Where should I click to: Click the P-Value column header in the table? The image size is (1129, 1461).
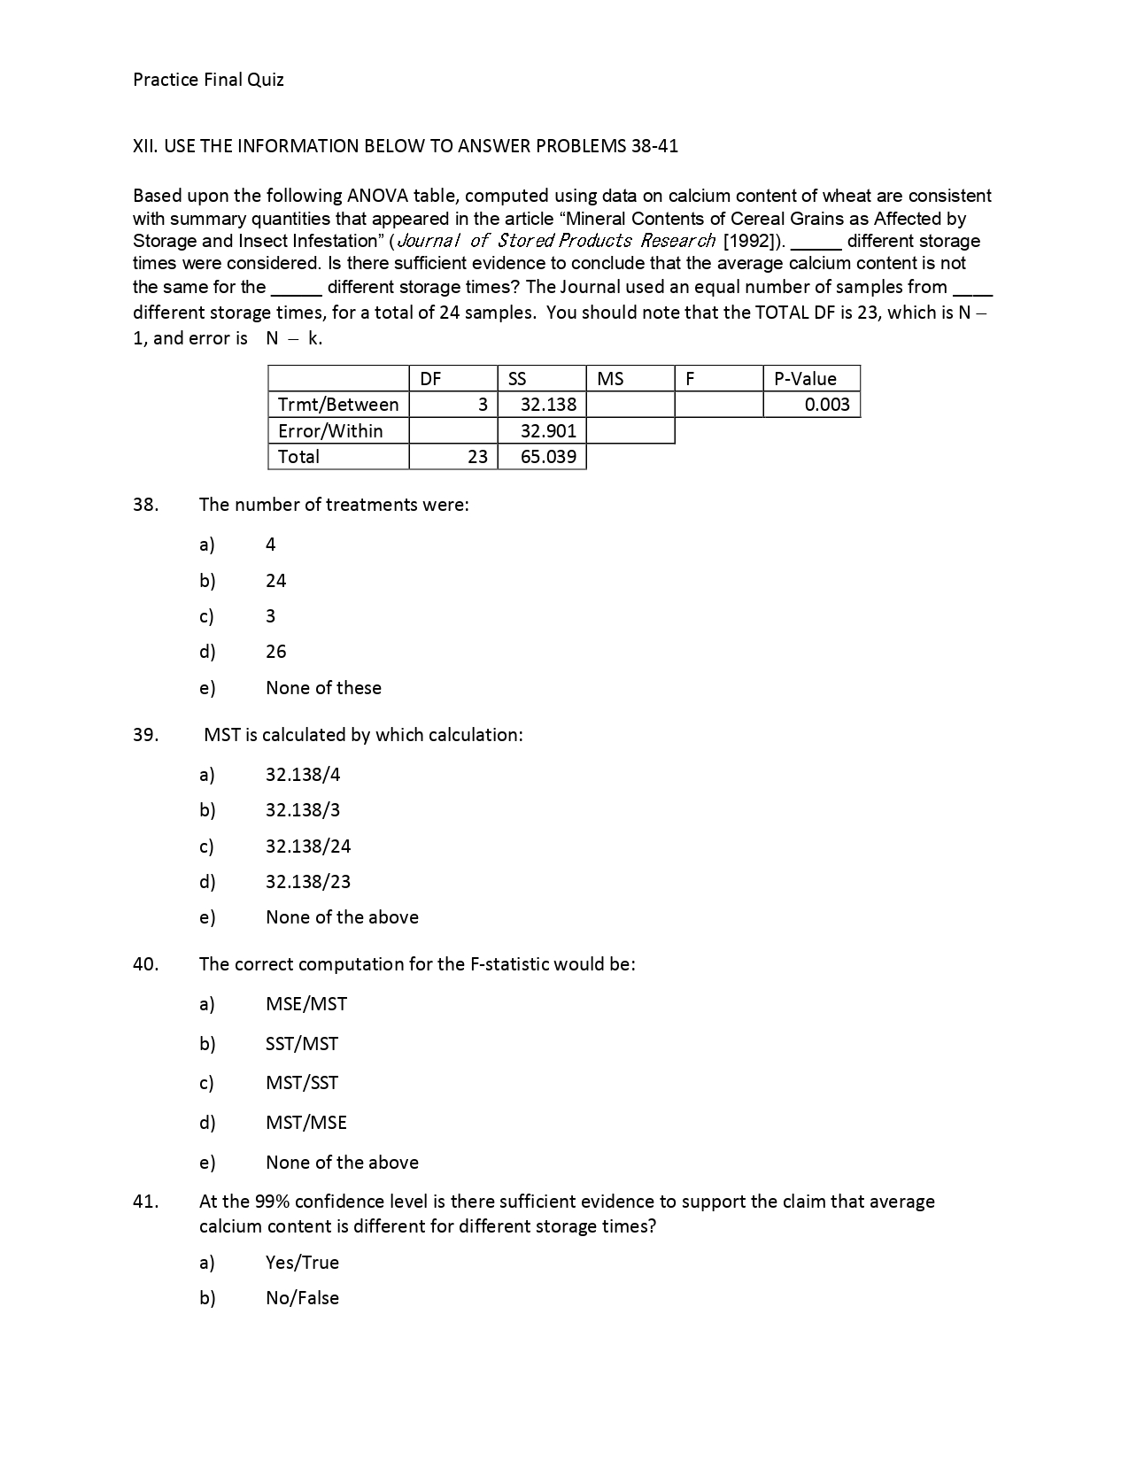click(x=805, y=379)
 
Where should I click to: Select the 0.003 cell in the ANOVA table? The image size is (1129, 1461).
click(x=827, y=405)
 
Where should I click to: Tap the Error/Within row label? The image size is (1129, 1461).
click(x=330, y=431)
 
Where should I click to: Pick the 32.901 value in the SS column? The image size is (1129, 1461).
click(x=548, y=431)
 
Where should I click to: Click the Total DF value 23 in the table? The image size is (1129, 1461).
click(x=477, y=457)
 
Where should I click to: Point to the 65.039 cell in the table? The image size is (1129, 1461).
click(x=548, y=457)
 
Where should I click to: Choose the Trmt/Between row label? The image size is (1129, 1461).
click(x=338, y=405)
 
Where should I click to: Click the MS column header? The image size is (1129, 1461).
click(x=610, y=379)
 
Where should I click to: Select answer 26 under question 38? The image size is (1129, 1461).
click(x=276, y=652)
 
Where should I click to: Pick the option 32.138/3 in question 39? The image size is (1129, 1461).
click(x=303, y=810)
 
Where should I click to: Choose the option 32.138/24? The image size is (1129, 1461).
click(x=308, y=846)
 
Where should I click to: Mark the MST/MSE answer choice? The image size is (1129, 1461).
click(x=306, y=1123)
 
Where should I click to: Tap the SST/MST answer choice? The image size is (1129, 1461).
click(x=302, y=1044)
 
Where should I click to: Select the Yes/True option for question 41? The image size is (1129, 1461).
click(x=302, y=1263)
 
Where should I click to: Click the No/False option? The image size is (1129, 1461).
click(x=302, y=1298)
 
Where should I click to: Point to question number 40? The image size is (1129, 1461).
click(x=145, y=964)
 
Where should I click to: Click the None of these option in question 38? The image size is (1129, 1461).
click(x=323, y=688)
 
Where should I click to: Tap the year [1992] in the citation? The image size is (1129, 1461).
click(x=751, y=241)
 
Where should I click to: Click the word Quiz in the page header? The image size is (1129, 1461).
click(x=266, y=80)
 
